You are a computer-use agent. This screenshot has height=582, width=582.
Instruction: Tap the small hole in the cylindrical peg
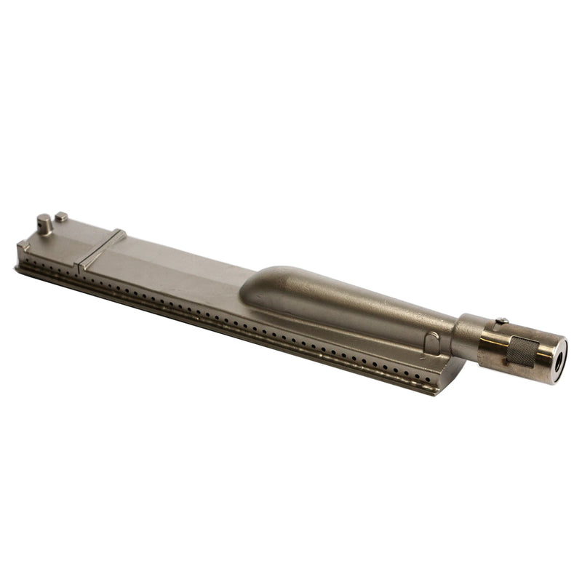click(x=44, y=218)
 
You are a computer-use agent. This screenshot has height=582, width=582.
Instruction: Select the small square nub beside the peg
click(x=62, y=216)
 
